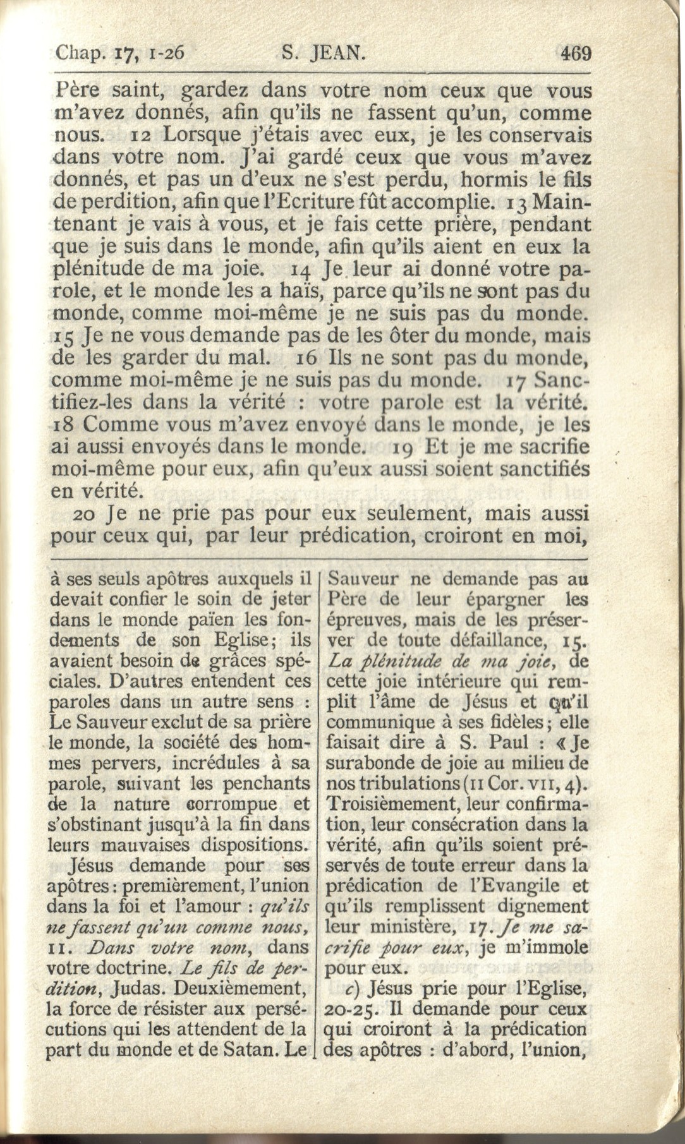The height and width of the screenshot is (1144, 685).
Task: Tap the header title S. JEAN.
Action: point(323,52)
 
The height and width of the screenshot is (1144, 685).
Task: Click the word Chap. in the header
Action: point(80,53)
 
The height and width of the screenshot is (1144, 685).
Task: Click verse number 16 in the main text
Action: point(306,359)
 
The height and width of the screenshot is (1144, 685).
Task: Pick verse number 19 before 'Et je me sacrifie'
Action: point(403,448)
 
